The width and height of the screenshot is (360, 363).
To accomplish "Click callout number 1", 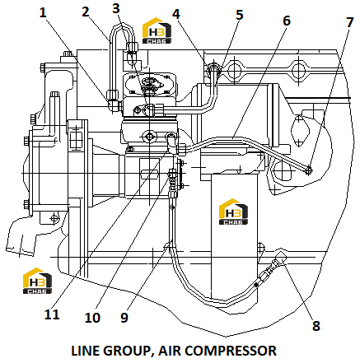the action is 43,12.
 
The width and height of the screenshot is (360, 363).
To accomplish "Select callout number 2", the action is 86,12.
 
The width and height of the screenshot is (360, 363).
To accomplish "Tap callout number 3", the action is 116,8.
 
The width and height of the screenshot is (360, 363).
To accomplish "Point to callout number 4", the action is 176,14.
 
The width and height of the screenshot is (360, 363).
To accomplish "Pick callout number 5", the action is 240,15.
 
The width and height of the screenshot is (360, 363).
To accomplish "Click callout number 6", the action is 287,21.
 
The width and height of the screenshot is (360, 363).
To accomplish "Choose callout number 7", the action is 349,22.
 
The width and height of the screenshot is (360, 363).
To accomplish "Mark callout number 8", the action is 316,326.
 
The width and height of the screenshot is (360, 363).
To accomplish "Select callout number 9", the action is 124,318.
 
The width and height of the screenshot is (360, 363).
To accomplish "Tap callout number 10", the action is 92,318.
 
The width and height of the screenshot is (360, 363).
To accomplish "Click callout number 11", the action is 52,314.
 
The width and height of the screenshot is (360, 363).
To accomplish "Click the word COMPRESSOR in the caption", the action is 232,351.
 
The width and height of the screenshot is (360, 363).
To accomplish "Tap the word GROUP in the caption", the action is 128,351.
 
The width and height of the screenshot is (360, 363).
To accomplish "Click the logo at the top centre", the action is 157,30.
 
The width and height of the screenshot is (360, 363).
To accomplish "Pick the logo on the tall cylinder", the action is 233,212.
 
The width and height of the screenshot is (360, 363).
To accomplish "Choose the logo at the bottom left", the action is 37,281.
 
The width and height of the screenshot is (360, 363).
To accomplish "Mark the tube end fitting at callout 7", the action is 309,170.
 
